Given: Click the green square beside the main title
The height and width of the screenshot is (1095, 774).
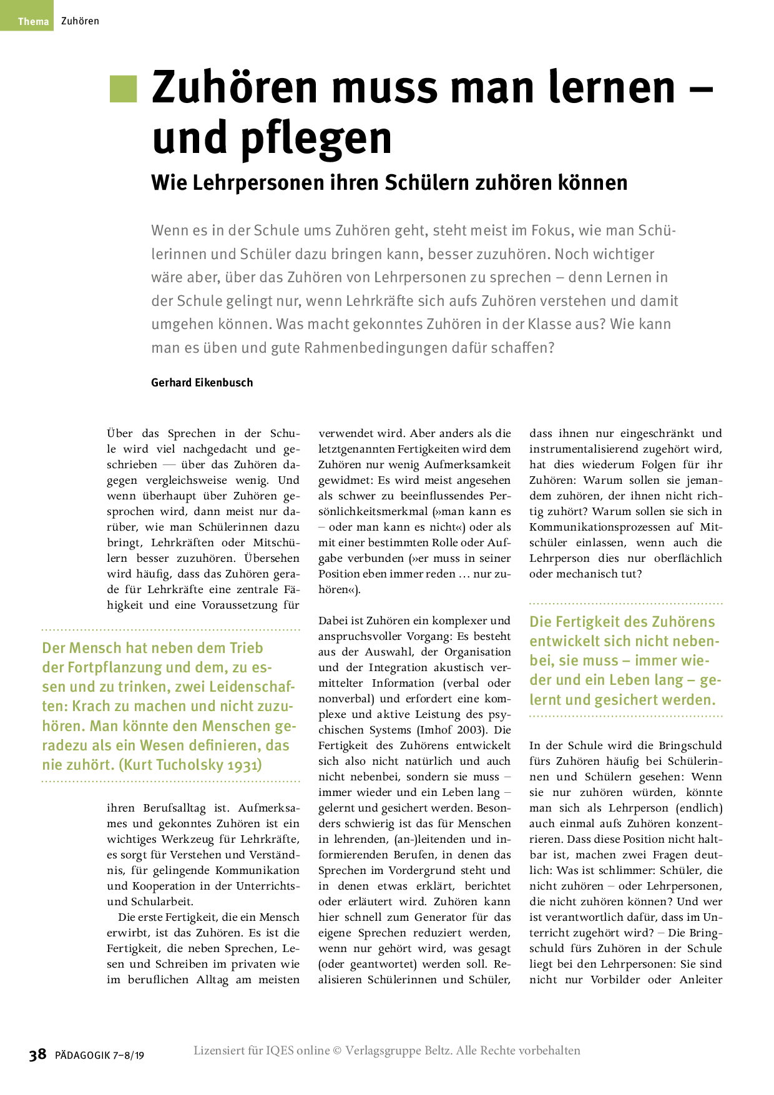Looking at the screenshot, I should pyautogui.click(x=123, y=89).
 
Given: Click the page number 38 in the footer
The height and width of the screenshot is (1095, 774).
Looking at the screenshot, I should pyautogui.click(x=37, y=1054).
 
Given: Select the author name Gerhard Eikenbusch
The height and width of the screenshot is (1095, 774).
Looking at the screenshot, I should pyautogui.click(x=202, y=383).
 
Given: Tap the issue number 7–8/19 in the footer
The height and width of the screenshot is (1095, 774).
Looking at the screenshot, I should pyautogui.click(x=129, y=1056).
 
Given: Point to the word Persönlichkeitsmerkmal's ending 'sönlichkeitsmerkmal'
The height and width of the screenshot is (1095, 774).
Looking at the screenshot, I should pyautogui.click(x=373, y=511).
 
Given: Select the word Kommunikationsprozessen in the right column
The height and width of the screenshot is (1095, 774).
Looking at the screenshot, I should pyautogui.click(x=599, y=527).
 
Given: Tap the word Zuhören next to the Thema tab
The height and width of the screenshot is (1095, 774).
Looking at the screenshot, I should pyautogui.click(x=80, y=21).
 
